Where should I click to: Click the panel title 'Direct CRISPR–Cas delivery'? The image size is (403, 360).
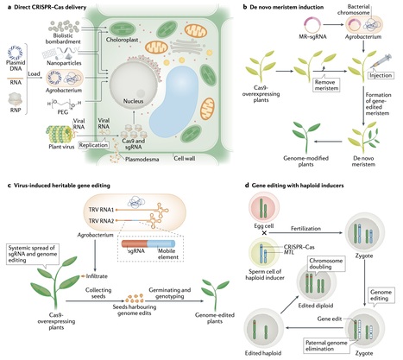(x=54, y=7)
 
